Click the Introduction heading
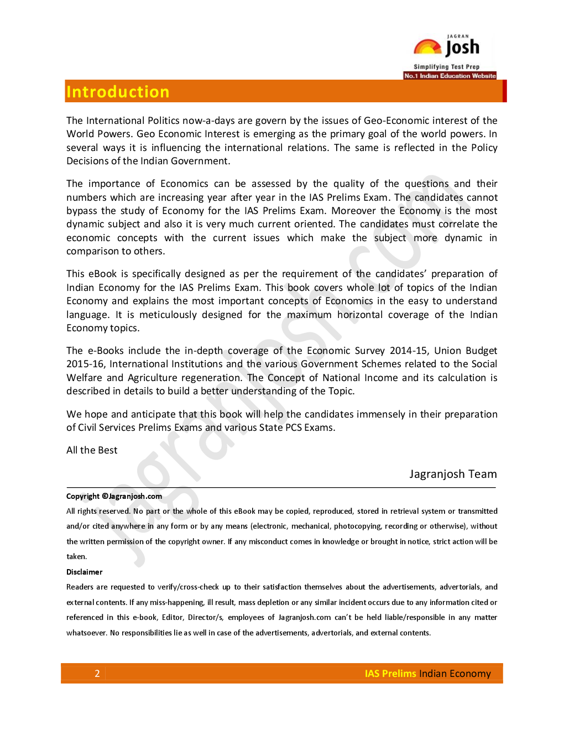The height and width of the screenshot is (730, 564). click(118, 92)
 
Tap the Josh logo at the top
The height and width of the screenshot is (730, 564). click(447, 48)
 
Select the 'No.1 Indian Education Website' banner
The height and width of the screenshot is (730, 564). click(450, 76)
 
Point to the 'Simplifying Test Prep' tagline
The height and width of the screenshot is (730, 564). click(446, 67)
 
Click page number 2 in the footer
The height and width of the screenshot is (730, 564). click(97, 674)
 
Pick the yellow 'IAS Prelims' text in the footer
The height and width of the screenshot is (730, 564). click(390, 674)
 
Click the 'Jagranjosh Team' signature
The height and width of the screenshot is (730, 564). click(453, 474)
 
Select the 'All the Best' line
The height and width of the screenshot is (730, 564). click(92, 450)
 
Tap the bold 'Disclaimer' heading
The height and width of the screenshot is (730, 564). click(85, 572)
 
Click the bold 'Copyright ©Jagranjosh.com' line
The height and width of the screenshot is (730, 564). click(114, 496)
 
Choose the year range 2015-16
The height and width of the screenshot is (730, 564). click(85, 364)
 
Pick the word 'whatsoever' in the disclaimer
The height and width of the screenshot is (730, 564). click(86, 633)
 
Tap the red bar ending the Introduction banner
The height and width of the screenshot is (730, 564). click(504, 91)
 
